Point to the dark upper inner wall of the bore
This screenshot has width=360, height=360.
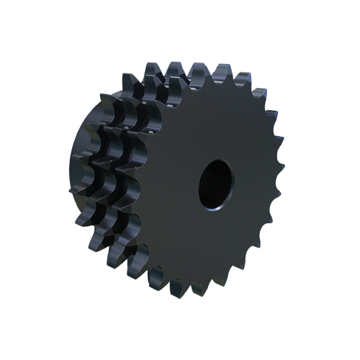coord(216,169)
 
